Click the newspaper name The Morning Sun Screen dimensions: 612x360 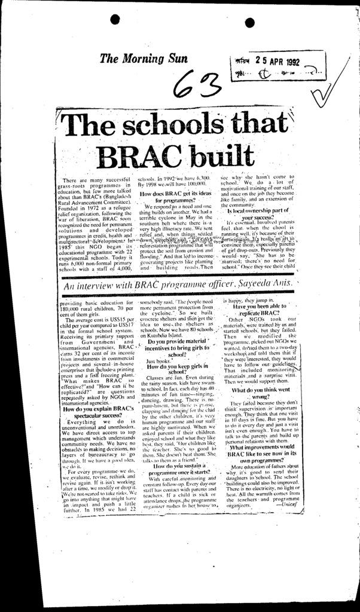[x=144, y=59]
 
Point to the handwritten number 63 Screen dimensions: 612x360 [x=194, y=87]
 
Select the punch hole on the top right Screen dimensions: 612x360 [x=249, y=23]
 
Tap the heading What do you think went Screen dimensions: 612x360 [x=261, y=390]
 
